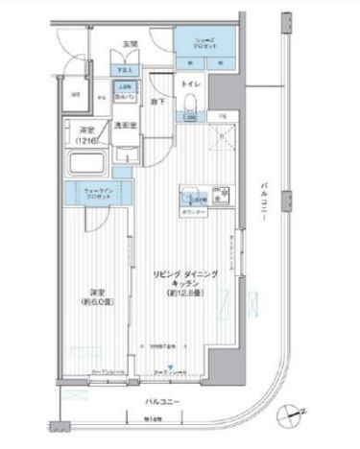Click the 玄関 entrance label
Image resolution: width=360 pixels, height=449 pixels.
131,44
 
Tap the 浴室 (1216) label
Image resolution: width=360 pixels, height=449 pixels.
87,135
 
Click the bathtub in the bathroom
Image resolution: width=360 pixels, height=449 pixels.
84,162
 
